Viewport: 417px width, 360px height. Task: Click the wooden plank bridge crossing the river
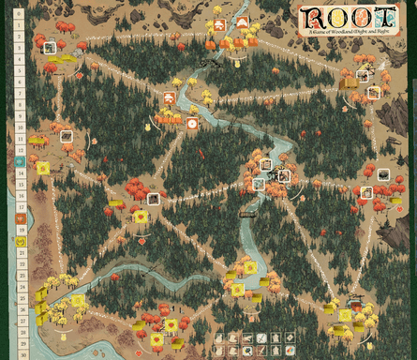[246, 214]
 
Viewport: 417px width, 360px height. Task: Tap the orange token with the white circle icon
[192, 123]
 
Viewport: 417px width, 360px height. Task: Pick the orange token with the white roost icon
[170, 97]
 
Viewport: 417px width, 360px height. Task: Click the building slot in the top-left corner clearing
[50, 49]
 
